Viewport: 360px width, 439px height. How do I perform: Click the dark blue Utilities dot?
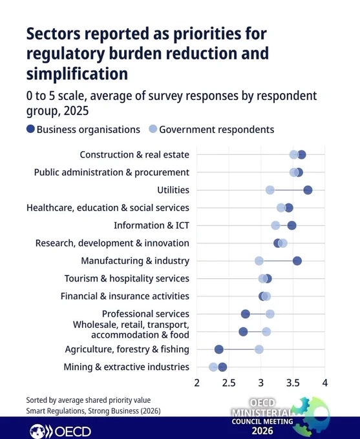pyautogui.click(x=308, y=190)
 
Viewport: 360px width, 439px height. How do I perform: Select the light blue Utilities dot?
pyautogui.click(x=270, y=190)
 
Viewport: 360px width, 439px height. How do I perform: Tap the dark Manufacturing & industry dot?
pyautogui.click(x=297, y=261)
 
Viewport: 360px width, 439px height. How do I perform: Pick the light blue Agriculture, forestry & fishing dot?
pyautogui.click(x=259, y=349)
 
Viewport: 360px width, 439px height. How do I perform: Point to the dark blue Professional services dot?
pyautogui.click(x=246, y=314)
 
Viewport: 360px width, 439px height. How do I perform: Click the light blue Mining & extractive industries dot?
pyautogui.click(x=213, y=367)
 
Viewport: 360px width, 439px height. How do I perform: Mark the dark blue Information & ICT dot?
pyautogui.click(x=291, y=226)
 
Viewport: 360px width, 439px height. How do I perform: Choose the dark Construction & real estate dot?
pyautogui.click(x=301, y=154)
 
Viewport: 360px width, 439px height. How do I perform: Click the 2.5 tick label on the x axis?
pyautogui.click(x=229, y=383)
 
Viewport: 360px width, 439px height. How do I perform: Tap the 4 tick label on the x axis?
pyautogui.click(x=325, y=383)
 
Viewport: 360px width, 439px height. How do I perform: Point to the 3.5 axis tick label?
pyautogui.click(x=293, y=383)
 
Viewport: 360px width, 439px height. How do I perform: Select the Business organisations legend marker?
pyautogui.click(x=30, y=129)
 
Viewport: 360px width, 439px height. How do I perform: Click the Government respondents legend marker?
pyautogui.click(x=153, y=129)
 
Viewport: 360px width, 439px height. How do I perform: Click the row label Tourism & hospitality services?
pyautogui.click(x=127, y=279)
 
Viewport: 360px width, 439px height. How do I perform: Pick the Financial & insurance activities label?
pyautogui.click(x=125, y=296)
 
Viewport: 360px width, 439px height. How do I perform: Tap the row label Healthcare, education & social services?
pyautogui.click(x=108, y=208)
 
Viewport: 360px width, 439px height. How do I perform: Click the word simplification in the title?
pyautogui.click(x=77, y=74)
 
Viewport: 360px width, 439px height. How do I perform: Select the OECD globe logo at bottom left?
pyautogui.click(x=37, y=431)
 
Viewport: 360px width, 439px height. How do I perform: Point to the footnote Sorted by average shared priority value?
pyautogui.click(x=89, y=400)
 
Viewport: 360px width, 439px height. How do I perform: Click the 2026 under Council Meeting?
pyautogui.click(x=262, y=431)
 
